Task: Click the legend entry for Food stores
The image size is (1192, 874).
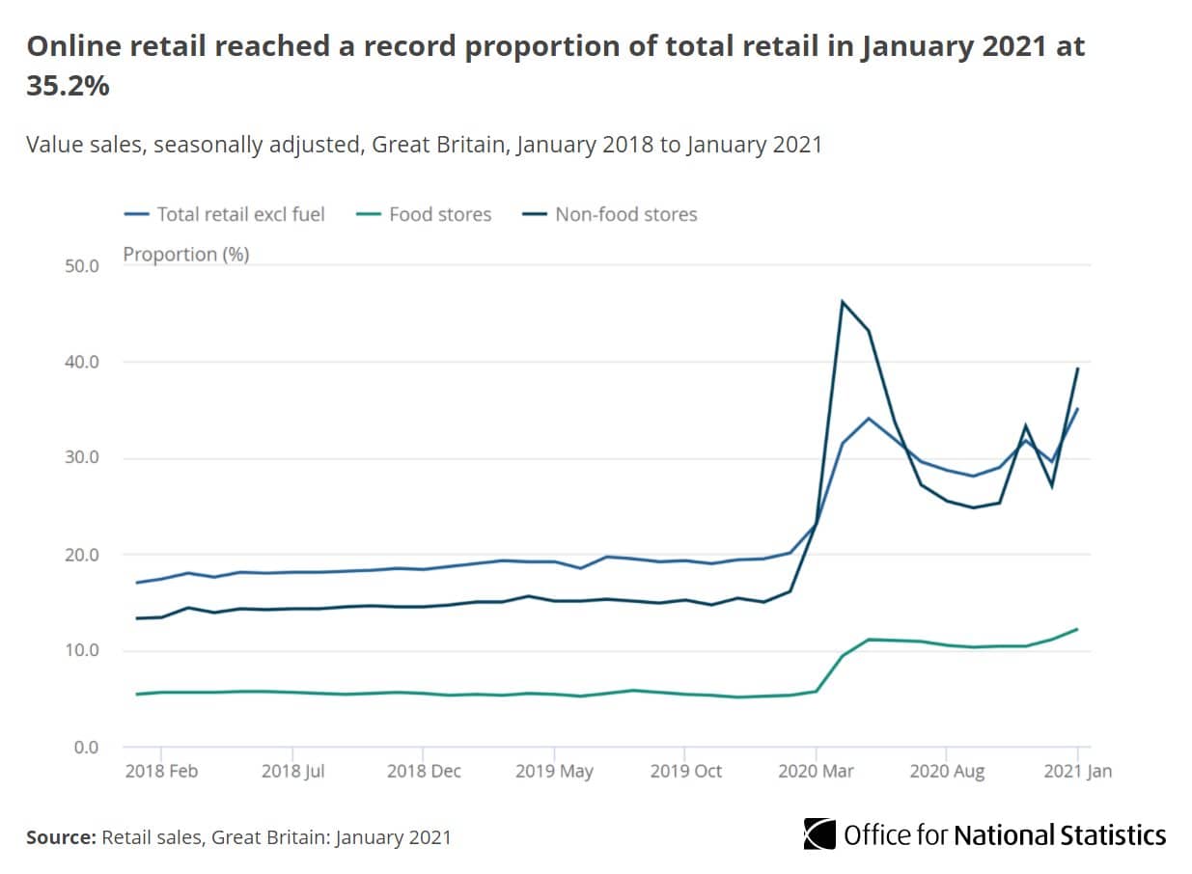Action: coord(439,214)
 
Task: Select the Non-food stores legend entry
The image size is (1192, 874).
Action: coord(625,214)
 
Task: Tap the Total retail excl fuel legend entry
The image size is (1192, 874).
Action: coord(240,214)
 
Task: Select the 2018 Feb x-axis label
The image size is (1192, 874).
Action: coord(160,772)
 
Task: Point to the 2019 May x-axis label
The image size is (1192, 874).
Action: coord(553,772)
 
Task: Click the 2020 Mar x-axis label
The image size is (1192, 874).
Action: coord(816,772)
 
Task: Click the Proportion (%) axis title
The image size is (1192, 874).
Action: coord(185,255)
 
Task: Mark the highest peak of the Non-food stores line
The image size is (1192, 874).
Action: coord(843,302)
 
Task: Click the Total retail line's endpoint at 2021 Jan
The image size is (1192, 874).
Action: coord(1077,408)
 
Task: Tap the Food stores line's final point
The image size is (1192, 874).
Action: coord(1077,629)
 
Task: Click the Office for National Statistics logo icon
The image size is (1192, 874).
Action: coord(819,834)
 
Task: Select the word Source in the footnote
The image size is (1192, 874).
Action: coord(60,837)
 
